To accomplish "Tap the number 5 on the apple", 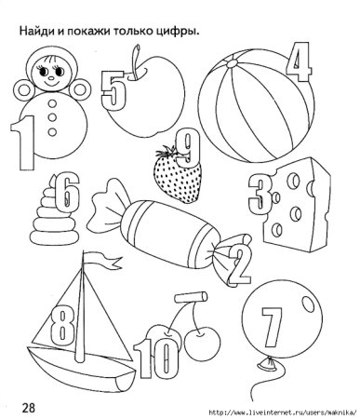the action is (x=113, y=90).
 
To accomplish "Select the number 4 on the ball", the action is (x=299, y=61).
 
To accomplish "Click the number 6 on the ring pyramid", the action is (x=66, y=193).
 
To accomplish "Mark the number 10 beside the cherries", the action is (x=156, y=358).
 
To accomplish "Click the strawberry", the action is (x=178, y=175).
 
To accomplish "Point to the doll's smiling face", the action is (x=50, y=73).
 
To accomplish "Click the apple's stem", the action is (x=136, y=61).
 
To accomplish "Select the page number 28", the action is (x=28, y=407).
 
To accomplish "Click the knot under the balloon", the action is (x=268, y=364).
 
